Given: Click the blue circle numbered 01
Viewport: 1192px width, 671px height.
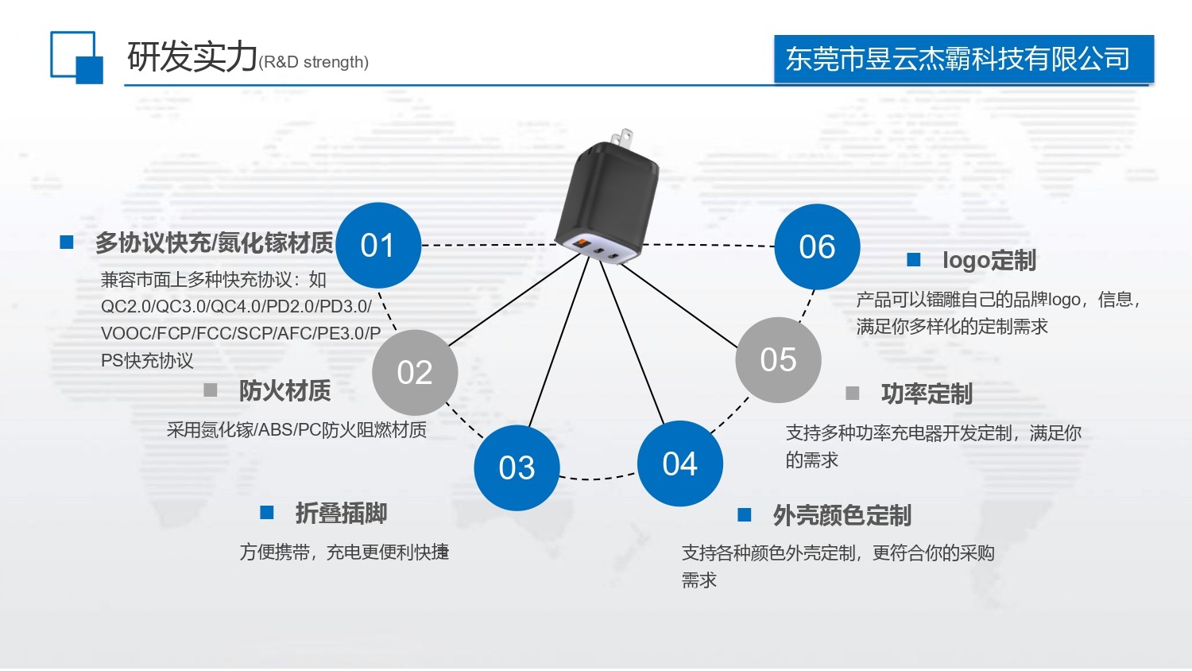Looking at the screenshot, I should tap(378, 246).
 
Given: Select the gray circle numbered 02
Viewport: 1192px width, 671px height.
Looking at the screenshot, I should tap(415, 372).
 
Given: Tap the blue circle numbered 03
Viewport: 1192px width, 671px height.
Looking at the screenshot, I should tap(517, 467).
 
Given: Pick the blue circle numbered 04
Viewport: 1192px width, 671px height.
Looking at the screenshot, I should tap(680, 463).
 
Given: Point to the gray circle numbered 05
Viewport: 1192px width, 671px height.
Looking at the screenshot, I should tap(778, 359).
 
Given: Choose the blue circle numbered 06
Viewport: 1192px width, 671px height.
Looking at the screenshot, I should tap(817, 246).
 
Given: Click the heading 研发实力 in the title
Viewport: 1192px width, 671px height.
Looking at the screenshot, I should tap(192, 57).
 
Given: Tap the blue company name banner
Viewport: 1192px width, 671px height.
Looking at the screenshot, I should tap(963, 59).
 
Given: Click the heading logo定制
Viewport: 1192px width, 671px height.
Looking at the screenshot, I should tap(989, 260).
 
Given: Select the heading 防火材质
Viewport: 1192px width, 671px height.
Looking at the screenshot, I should tap(284, 390).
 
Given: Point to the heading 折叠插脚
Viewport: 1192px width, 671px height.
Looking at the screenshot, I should tap(341, 514).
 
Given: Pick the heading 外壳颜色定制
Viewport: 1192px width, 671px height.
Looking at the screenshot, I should tap(842, 516).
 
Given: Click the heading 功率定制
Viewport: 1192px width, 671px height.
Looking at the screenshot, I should tap(927, 394).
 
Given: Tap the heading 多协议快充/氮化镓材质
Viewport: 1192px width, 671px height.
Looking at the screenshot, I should tap(215, 243).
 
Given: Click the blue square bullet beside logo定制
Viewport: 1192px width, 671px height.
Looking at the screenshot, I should tap(914, 259).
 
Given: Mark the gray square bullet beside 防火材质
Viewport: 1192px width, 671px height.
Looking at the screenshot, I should tap(211, 390).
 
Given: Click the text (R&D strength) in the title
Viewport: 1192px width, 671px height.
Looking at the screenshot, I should tap(314, 62).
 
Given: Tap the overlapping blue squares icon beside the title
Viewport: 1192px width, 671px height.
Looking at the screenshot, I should tap(76, 57).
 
